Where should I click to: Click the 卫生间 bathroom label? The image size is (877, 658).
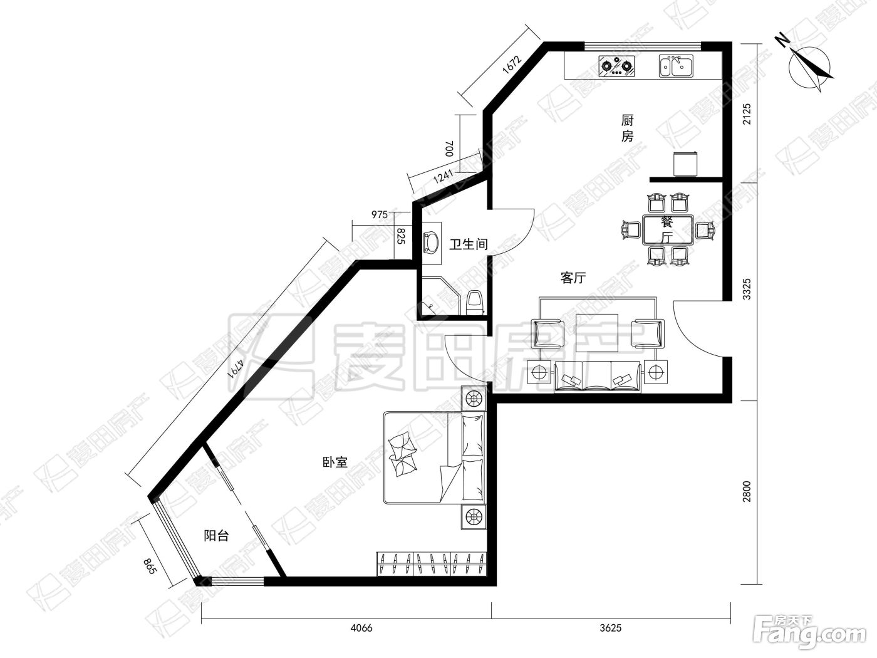point(469,244)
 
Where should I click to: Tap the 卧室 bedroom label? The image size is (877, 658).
point(335,462)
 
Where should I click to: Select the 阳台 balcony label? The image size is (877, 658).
point(216,535)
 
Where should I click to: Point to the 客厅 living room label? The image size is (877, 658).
point(573,278)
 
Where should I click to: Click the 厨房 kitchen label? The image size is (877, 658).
point(627,128)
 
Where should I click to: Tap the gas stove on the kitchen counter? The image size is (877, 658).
point(616,66)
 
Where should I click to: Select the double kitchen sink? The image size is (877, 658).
point(676,66)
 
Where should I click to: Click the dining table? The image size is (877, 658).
point(668,230)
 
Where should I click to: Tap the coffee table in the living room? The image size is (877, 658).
point(597,333)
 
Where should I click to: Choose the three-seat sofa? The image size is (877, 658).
point(598,377)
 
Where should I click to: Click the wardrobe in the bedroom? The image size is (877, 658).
point(432,564)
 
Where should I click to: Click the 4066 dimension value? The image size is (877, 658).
point(361,628)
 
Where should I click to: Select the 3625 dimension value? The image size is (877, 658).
point(611,628)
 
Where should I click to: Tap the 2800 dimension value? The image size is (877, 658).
point(746,492)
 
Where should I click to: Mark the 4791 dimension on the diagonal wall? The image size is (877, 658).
point(236,368)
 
